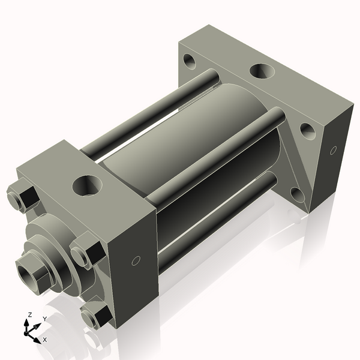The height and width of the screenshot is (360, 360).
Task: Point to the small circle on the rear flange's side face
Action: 332,150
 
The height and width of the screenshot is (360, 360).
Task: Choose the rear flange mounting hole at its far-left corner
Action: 191,61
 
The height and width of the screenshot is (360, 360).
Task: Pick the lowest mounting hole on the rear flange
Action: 296,193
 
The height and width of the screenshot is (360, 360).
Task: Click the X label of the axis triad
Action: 45,340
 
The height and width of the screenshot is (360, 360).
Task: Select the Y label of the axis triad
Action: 44,319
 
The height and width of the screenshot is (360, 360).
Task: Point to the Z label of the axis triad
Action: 29,314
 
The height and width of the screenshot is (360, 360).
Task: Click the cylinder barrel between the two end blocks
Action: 180,150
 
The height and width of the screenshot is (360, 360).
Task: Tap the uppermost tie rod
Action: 150,114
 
